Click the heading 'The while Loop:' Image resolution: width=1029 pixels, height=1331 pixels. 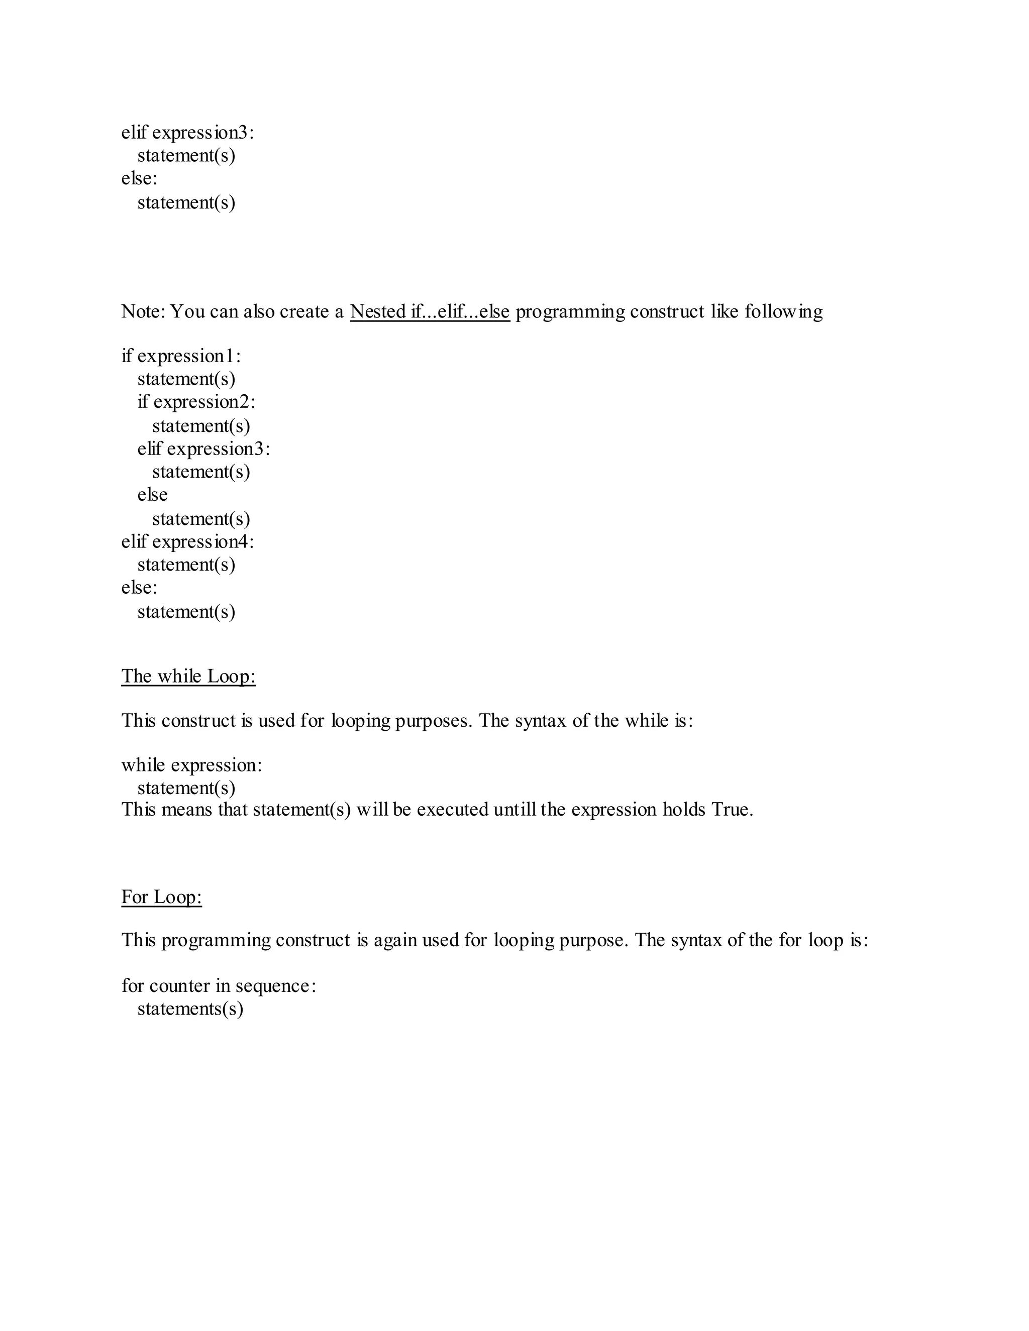pos(188,677)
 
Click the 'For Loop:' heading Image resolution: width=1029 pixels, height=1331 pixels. pos(162,897)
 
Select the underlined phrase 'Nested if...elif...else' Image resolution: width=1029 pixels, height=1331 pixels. pos(430,312)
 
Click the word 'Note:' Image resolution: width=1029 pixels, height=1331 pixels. pos(143,312)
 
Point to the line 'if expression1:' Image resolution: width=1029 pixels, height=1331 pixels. pos(181,356)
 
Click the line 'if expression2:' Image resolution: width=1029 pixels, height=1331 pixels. pos(196,402)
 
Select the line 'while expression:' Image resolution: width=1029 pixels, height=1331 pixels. pos(191,765)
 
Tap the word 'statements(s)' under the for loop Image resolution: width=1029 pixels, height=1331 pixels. pos(190,1009)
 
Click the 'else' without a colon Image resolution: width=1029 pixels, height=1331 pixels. pos(152,495)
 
